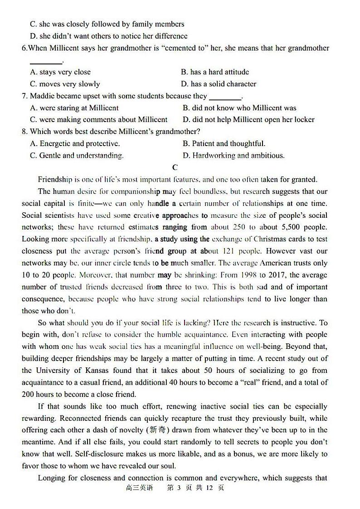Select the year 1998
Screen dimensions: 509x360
(x=241, y=275)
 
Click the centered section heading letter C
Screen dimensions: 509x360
(x=175, y=167)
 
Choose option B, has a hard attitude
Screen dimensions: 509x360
(x=215, y=72)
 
